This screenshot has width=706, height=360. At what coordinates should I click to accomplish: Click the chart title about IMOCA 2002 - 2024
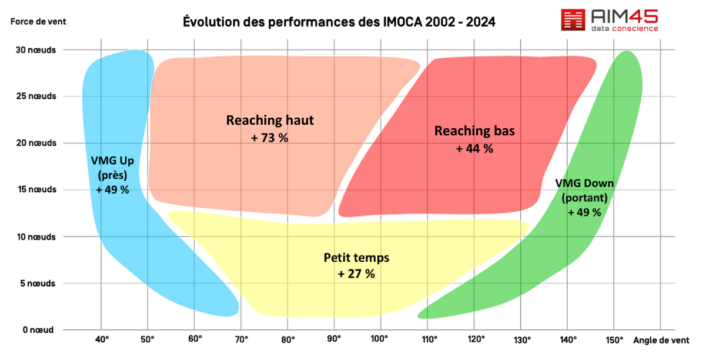[339, 22]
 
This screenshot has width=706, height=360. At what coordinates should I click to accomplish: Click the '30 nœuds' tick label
[36, 50]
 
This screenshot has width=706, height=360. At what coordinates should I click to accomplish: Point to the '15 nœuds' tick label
[36, 190]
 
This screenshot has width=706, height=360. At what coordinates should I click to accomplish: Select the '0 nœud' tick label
[38, 330]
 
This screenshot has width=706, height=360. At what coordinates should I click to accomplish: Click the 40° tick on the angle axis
[102, 339]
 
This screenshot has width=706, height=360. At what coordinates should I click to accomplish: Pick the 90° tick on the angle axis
[334, 339]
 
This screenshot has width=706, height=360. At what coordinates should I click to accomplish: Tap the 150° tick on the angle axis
[614, 339]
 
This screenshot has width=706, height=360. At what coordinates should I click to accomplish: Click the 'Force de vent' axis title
[38, 22]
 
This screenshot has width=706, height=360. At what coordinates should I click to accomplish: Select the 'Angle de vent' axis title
[661, 340]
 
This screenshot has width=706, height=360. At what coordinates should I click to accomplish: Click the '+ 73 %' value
[270, 138]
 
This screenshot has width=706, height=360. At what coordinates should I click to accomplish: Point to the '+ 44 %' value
[474, 149]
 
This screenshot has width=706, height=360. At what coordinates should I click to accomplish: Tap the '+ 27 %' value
[356, 274]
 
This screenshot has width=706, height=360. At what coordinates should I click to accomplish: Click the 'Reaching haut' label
[270, 121]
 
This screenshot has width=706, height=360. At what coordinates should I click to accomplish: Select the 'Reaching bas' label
[474, 131]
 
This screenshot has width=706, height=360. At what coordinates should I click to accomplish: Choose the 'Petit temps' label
[356, 258]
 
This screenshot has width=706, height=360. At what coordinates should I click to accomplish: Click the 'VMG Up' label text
[112, 160]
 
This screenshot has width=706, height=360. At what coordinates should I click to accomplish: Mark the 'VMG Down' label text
[584, 184]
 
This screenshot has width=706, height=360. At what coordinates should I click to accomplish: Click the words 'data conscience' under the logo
[625, 28]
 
